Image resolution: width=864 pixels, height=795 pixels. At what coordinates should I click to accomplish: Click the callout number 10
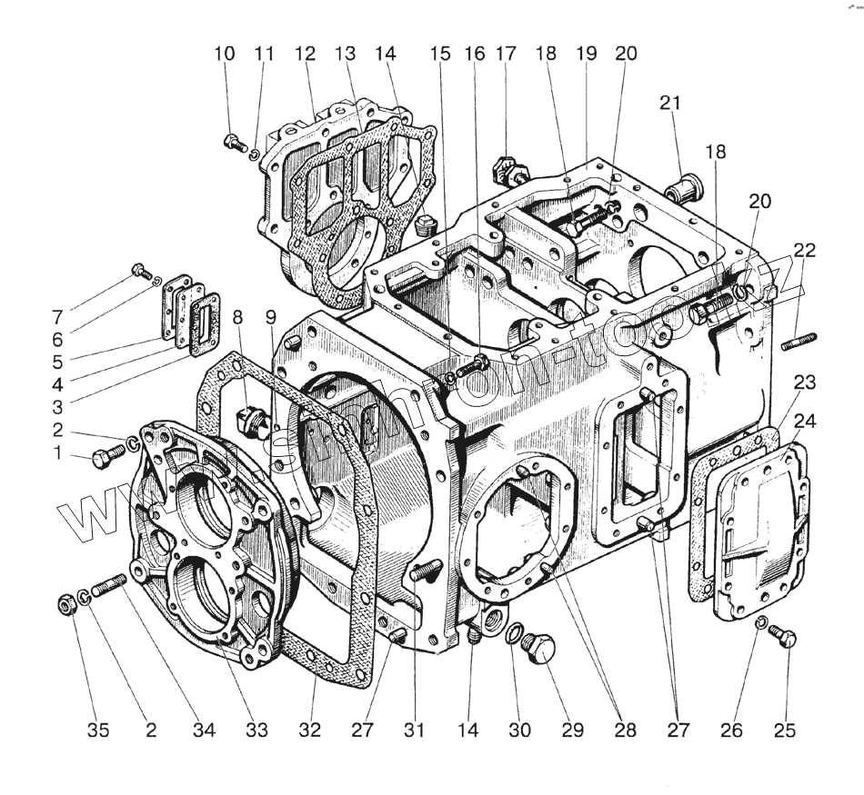tap(224, 54)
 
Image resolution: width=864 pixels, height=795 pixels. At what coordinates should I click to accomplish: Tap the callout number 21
tap(671, 104)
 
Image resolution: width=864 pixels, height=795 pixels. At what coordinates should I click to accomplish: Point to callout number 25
tap(785, 730)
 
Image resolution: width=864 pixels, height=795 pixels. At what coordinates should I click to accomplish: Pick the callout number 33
tap(257, 730)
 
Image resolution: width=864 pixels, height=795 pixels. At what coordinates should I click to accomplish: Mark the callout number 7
tap(57, 319)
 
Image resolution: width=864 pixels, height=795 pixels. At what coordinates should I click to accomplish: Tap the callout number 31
tap(414, 730)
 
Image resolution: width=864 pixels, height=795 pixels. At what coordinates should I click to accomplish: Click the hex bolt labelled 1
tap(101, 460)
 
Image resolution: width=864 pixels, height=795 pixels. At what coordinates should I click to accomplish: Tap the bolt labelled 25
tap(786, 638)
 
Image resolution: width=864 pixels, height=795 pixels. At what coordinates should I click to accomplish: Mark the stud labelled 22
tap(799, 342)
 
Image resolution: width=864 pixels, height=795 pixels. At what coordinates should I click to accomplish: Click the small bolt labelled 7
tap(139, 270)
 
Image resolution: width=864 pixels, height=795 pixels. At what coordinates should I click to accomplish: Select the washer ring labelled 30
tap(514, 632)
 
